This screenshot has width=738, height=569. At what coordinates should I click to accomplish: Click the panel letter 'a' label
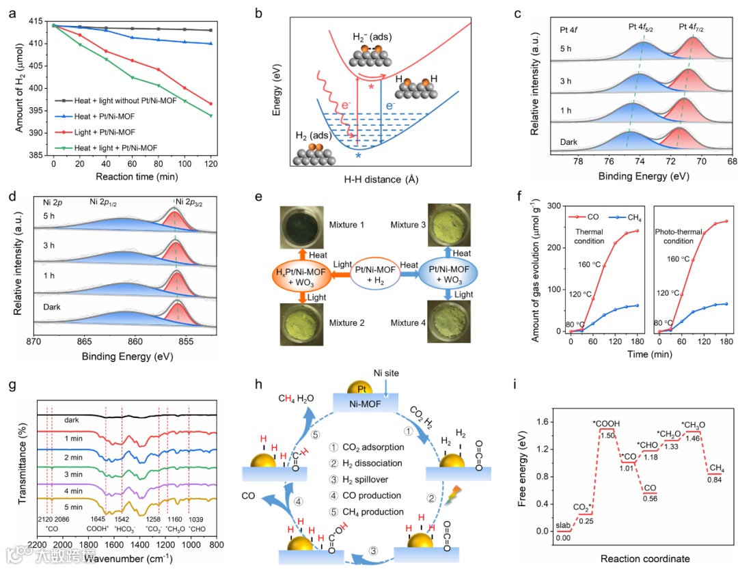(12, 13)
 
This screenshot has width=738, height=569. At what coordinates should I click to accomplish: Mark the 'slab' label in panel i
(562, 525)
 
